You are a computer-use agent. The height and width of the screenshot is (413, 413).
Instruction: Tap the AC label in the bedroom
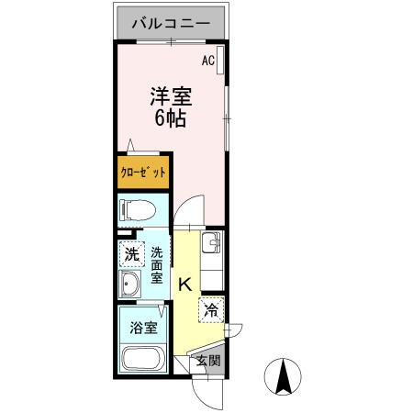207,61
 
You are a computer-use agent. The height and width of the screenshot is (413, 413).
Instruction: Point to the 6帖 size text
170,117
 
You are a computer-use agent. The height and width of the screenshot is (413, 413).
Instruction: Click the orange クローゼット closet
142,172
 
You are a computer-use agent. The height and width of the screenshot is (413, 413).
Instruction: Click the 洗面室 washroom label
157,265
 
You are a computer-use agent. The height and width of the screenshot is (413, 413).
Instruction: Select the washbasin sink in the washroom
131,285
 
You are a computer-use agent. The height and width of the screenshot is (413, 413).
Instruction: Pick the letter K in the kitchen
184,285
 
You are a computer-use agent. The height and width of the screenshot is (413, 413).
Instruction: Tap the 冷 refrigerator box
211,309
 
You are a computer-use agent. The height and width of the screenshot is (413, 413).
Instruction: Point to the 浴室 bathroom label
143,327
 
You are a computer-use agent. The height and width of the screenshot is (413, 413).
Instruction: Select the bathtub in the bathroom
142,359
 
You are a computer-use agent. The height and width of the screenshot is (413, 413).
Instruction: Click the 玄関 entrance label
208,360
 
